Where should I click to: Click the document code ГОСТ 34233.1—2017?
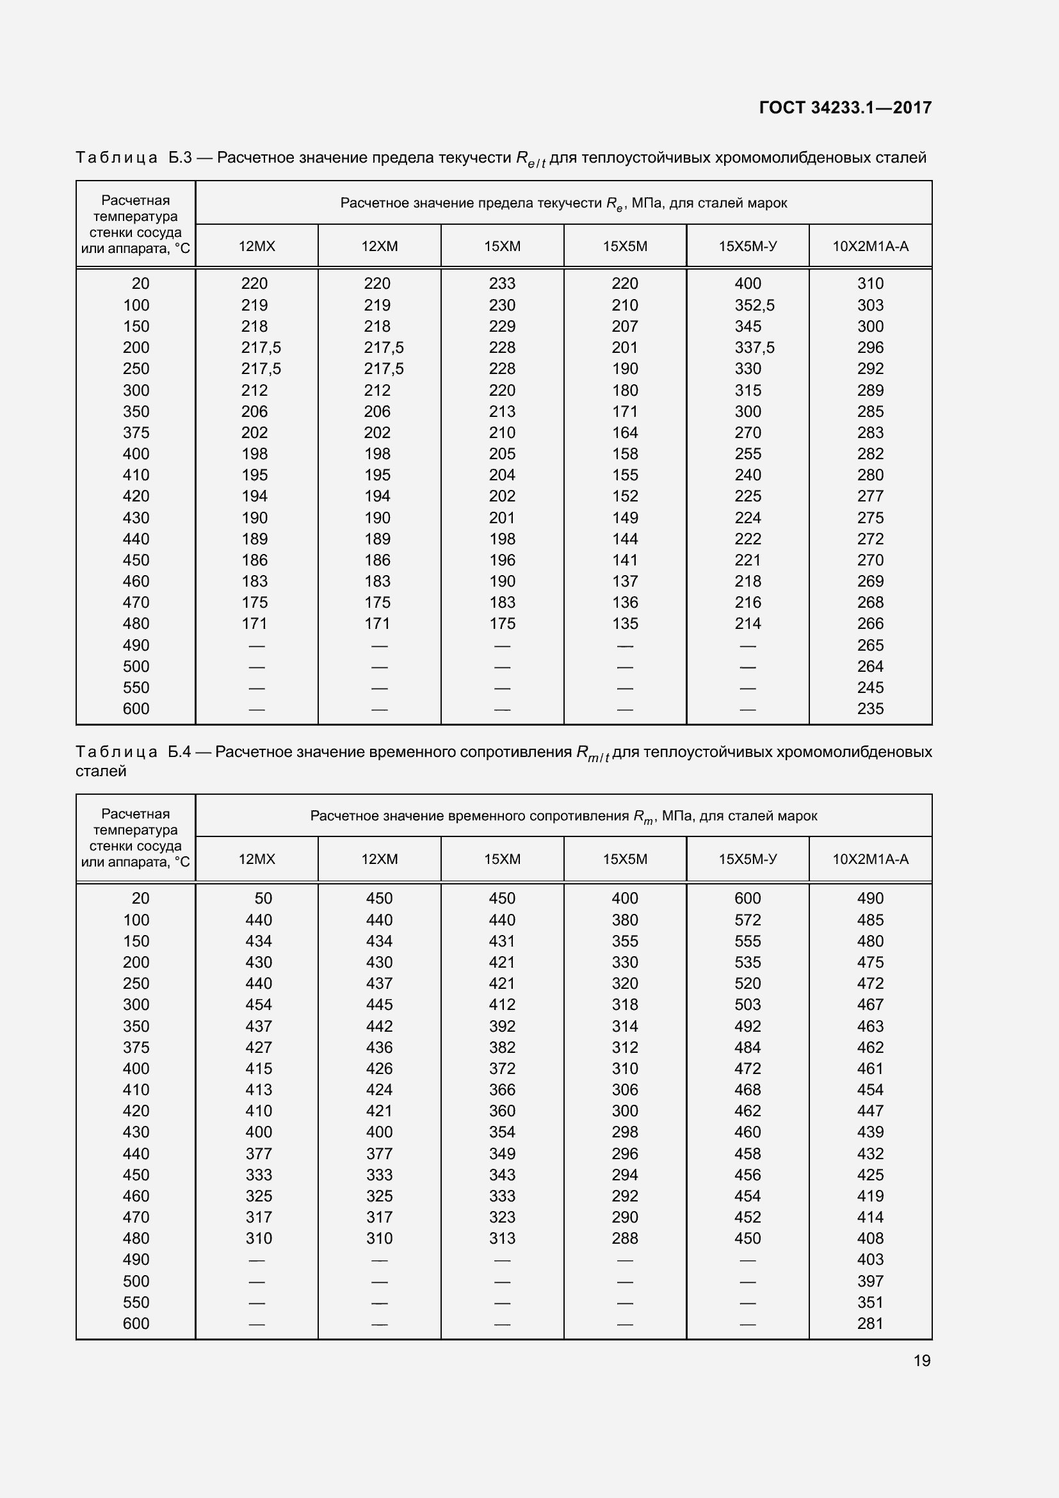tap(845, 108)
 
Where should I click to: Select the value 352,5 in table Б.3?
tap(754, 305)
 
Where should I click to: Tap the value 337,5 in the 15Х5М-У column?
tap(754, 348)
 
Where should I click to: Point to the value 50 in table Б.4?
tap(263, 899)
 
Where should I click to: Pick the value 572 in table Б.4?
tap(747, 920)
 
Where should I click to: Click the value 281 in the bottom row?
tap(870, 1324)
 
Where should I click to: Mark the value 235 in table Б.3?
tap(870, 708)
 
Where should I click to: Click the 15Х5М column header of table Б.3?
tap(625, 247)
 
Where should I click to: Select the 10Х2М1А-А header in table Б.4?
tap(870, 859)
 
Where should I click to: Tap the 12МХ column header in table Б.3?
tap(257, 247)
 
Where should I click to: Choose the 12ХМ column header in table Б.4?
tap(380, 859)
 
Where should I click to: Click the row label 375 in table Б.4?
tap(136, 1047)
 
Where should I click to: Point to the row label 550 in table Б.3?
tap(136, 688)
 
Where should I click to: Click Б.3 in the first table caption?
tap(180, 158)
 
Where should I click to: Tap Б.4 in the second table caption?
tap(179, 753)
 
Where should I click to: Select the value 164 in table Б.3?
tap(625, 432)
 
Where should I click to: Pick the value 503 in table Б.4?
tap(747, 1005)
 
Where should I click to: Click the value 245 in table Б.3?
tap(870, 688)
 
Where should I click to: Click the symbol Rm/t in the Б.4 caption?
tap(592, 754)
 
